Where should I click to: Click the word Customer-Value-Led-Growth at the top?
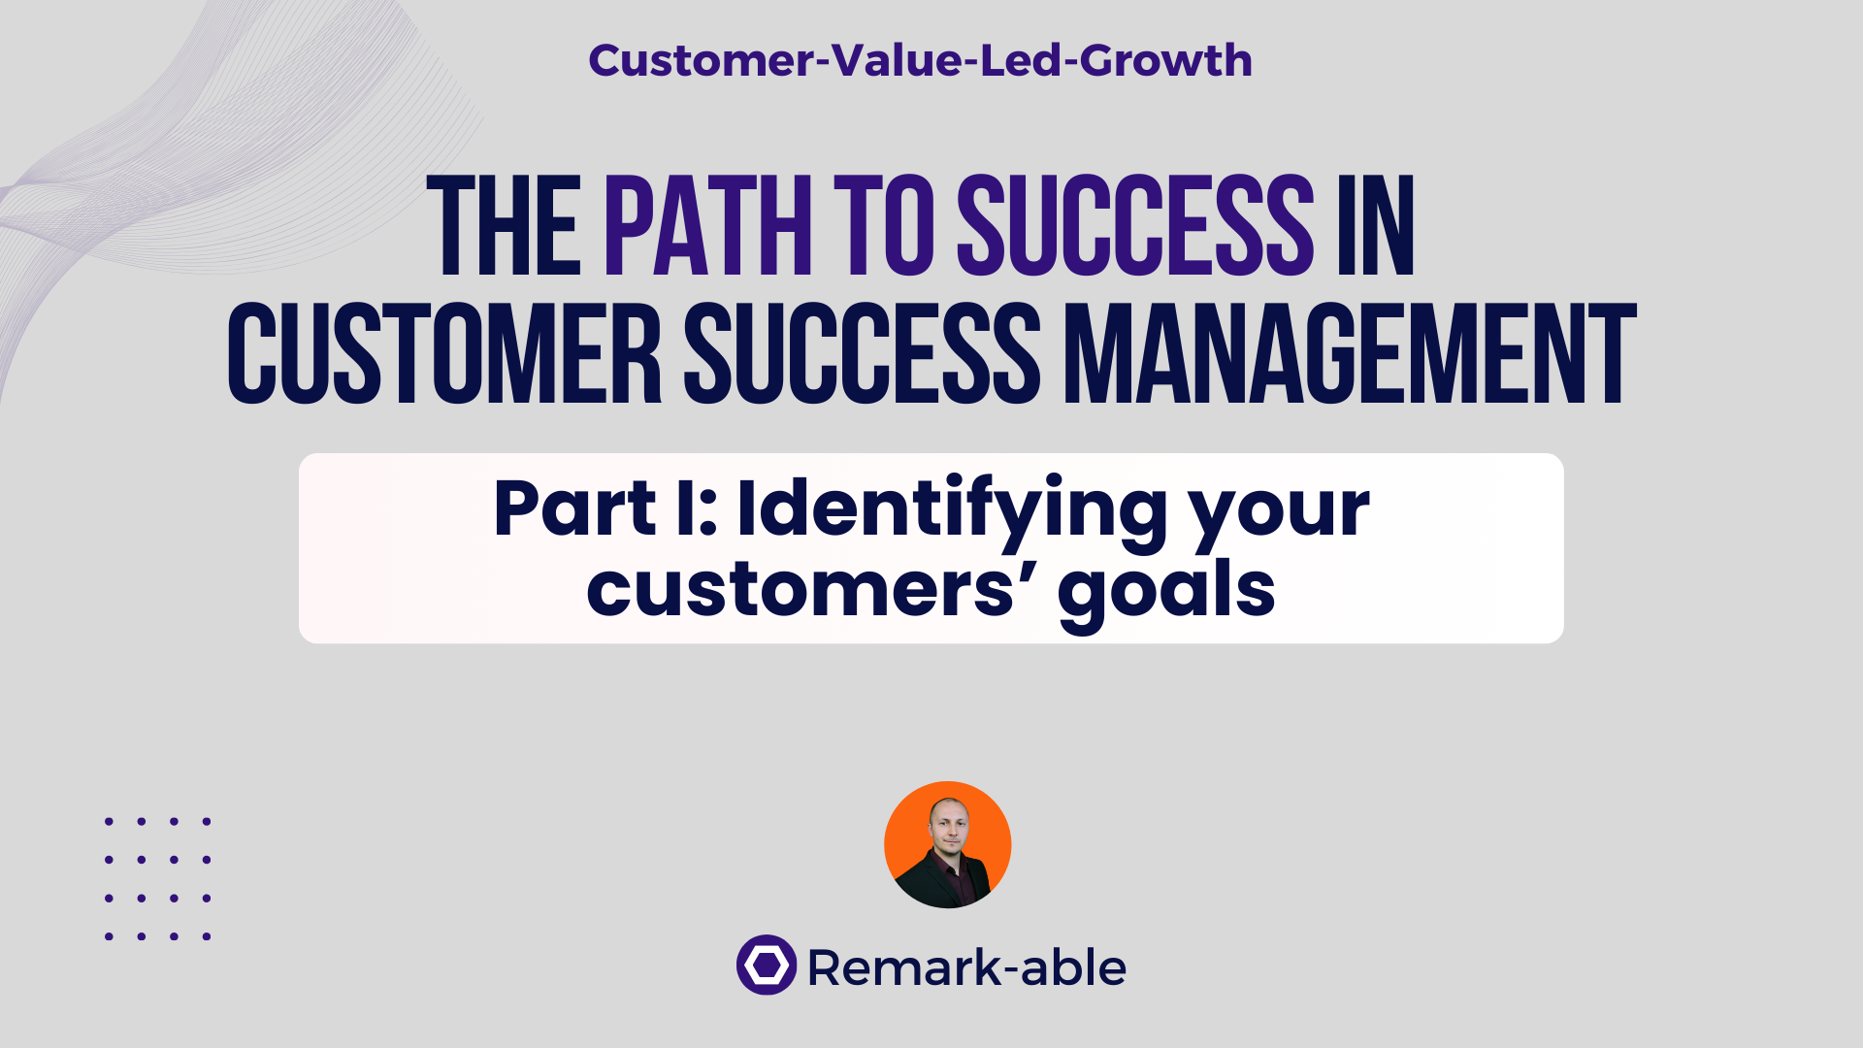coord(920,60)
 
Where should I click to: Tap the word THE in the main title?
coord(505,227)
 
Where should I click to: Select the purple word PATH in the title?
coord(707,227)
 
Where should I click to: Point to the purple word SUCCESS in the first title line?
coord(1135,227)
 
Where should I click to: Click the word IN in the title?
coord(1376,227)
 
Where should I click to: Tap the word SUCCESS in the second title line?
coord(862,353)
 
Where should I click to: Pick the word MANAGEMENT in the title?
coord(1350,353)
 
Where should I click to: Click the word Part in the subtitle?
coord(574,508)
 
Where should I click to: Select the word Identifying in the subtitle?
coord(952,508)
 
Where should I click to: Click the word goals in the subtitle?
coord(1166,590)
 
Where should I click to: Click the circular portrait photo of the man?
coord(947,844)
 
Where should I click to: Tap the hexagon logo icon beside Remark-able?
coord(767,965)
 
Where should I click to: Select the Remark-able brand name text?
coord(966,967)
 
